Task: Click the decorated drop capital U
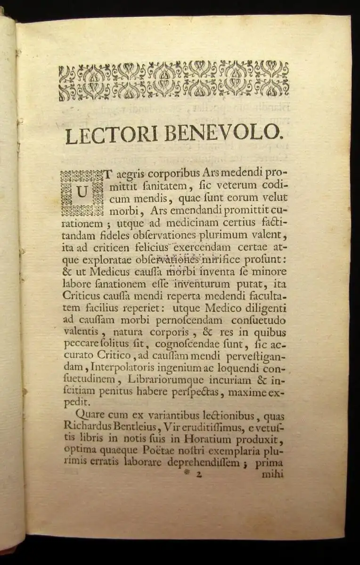82,193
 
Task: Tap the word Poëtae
164,451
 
